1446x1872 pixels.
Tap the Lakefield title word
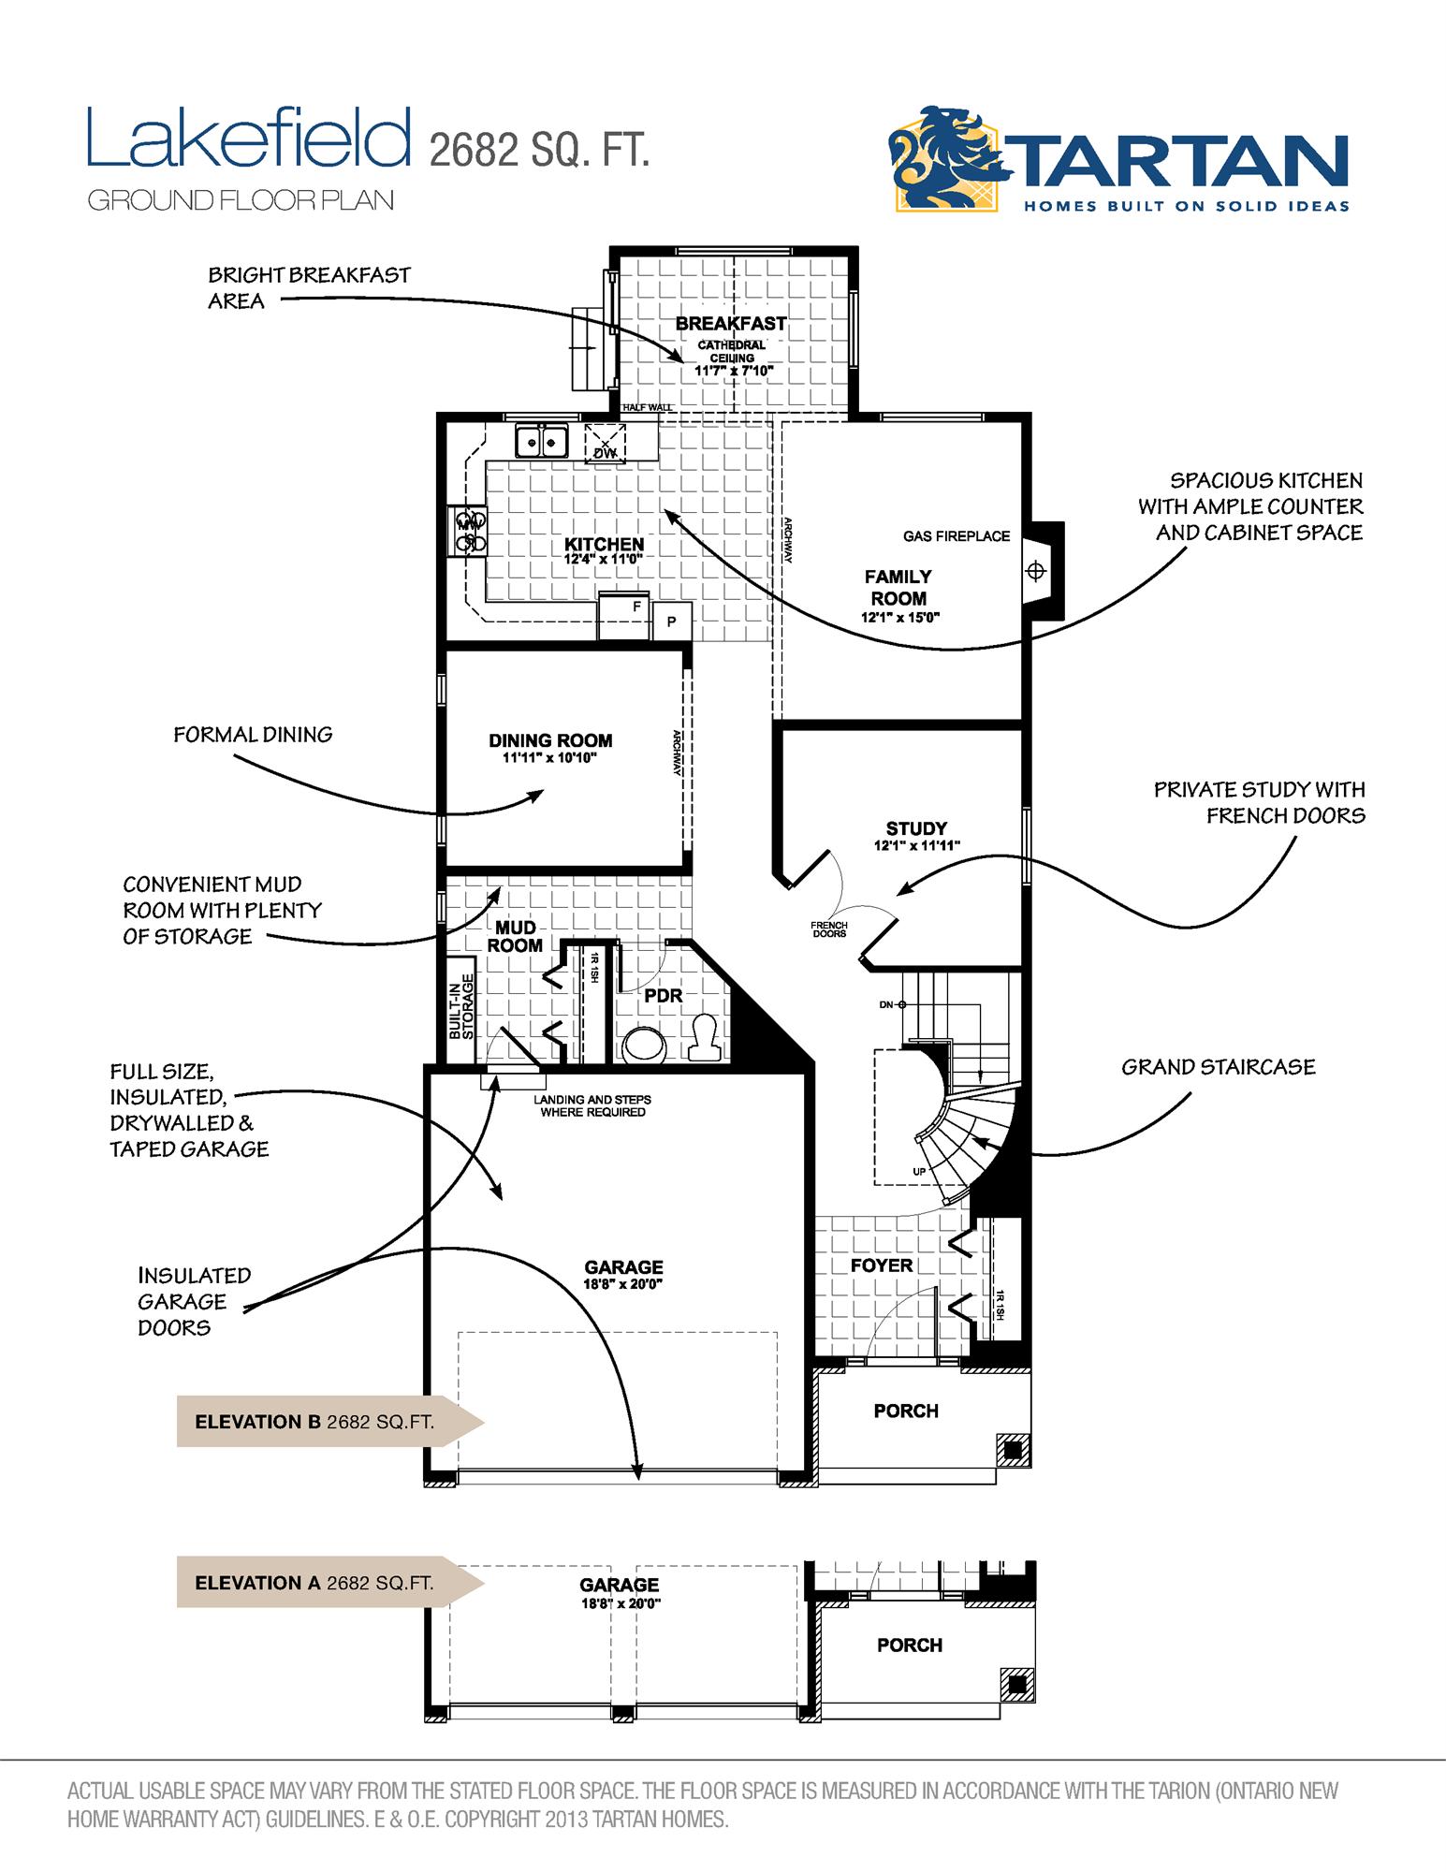249,139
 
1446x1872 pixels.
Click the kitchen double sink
541,439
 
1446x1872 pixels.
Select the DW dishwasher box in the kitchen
605,443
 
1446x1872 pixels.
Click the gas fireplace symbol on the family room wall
1035,570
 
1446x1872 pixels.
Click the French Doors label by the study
829,929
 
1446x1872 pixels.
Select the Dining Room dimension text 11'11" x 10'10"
549,758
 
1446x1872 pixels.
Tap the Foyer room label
881,1265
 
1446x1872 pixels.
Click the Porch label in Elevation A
909,1645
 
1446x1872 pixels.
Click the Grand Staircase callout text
1218,1067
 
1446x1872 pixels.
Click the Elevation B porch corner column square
1012,1450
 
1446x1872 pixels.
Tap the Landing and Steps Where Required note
592,1105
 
